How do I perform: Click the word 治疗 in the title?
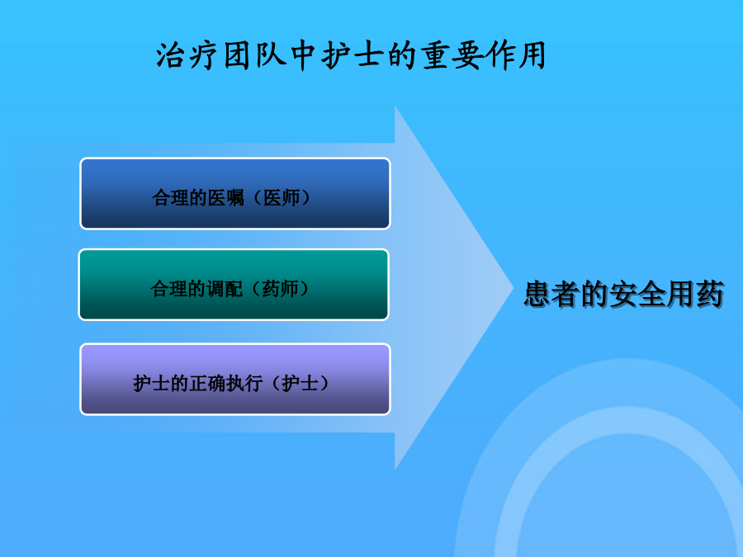click(x=187, y=56)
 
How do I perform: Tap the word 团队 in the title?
click(x=255, y=56)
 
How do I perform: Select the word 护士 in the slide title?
click(x=352, y=56)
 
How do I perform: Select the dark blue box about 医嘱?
click(x=235, y=194)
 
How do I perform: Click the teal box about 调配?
click(x=234, y=285)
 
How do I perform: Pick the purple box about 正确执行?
click(x=235, y=380)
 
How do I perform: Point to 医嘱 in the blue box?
click(x=225, y=198)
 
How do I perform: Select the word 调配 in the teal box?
click(x=224, y=289)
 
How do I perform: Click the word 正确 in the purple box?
click(x=207, y=384)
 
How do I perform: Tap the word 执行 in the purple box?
click(x=244, y=384)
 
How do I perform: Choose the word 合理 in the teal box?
click(x=168, y=289)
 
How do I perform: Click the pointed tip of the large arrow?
click(x=513, y=287)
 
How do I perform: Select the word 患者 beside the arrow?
click(x=552, y=294)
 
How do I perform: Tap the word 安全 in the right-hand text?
click(x=638, y=294)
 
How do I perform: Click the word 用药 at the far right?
click(x=696, y=294)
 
